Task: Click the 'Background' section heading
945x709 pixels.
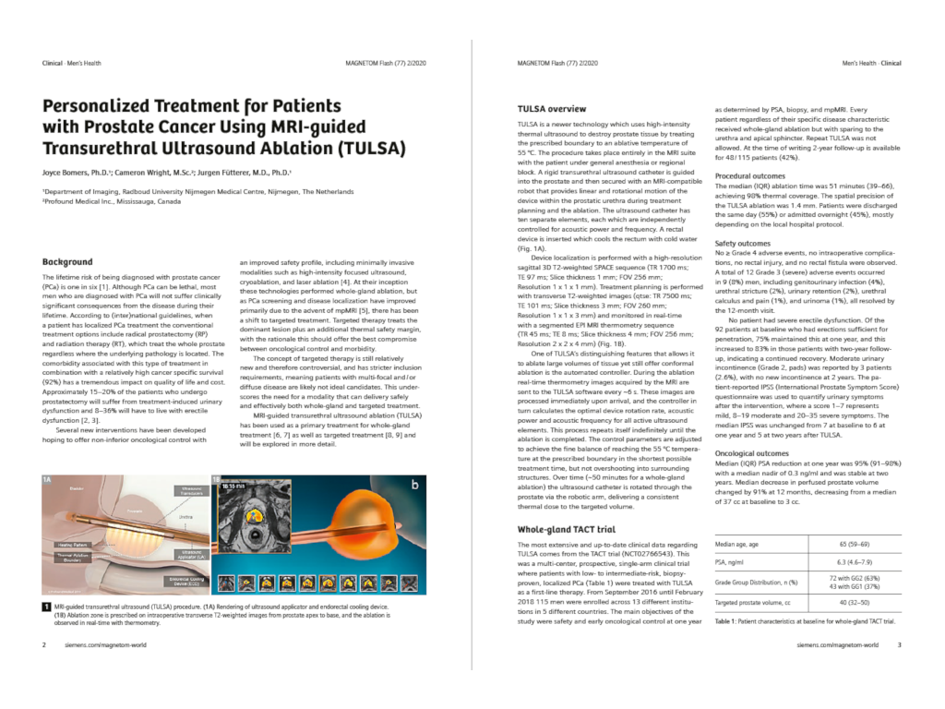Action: click(67, 262)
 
